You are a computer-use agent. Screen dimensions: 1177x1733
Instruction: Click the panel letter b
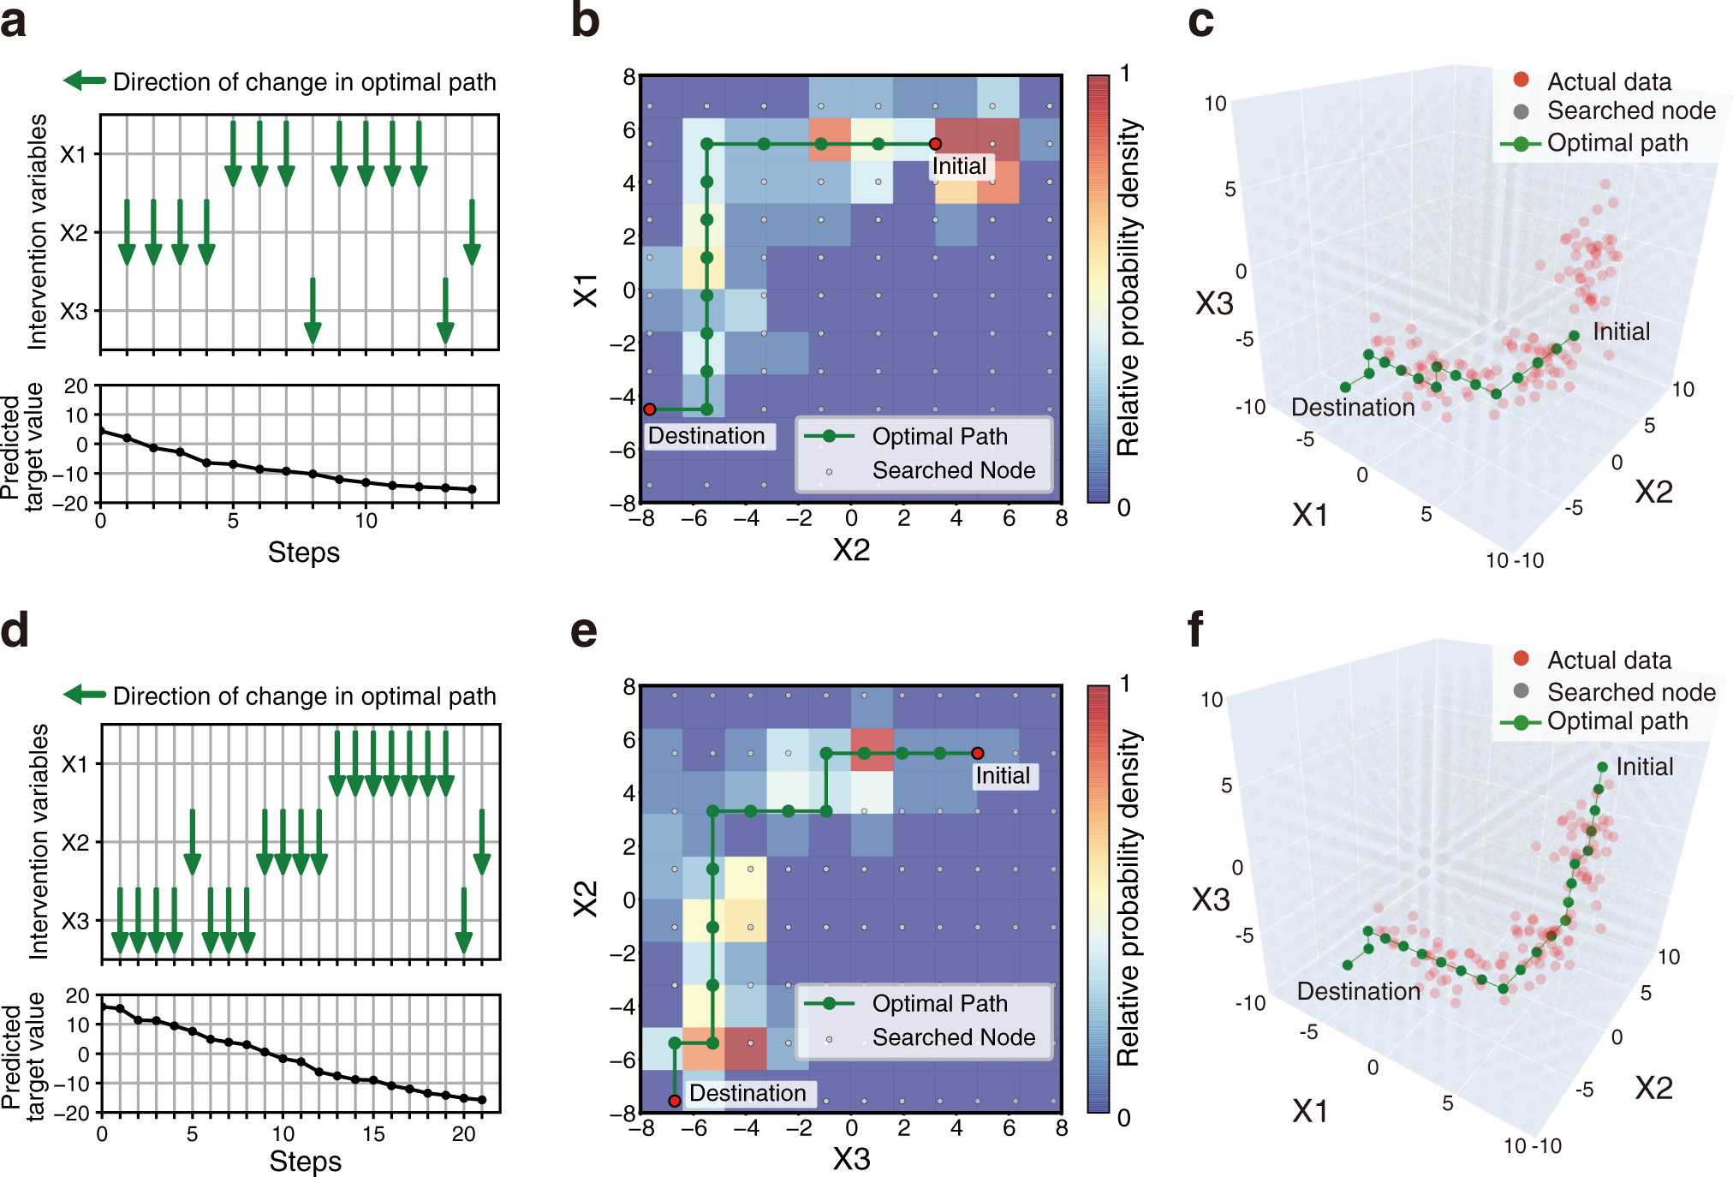coord(585,21)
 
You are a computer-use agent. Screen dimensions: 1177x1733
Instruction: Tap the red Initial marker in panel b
coord(935,144)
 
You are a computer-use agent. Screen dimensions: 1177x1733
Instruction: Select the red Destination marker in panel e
coord(675,1100)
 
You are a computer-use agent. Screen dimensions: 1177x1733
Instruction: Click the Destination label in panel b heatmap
coord(706,436)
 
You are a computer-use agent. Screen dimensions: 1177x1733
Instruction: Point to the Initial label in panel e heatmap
coord(1003,776)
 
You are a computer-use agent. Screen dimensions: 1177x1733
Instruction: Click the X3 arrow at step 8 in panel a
coord(313,310)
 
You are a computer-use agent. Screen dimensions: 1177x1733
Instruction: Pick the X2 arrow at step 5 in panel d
coord(193,842)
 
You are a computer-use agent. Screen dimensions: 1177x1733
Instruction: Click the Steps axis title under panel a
coord(303,553)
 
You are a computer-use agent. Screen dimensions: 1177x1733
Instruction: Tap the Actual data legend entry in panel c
coord(1608,81)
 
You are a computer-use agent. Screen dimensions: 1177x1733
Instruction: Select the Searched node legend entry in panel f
coord(1630,691)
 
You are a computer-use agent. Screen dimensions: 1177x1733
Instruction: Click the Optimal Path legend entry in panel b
coord(938,436)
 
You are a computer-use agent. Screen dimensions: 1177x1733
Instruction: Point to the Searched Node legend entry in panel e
coord(953,1037)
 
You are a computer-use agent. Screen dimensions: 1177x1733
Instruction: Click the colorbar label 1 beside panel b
coord(1125,74)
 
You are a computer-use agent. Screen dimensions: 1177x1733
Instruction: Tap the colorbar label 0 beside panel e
coord(1123,1117)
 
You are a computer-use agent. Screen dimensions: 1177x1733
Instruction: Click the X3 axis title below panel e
coord(851,1159)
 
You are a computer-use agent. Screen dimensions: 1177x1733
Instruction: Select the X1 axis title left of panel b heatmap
coord(586,290)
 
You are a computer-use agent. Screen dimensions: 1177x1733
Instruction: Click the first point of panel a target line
coord(102,431)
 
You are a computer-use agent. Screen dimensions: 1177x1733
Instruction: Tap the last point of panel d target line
coord(482,1100)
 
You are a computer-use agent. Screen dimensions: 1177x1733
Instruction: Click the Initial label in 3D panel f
coord(1644,767)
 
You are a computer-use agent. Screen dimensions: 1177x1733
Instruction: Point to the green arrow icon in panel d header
coord(84,695)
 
